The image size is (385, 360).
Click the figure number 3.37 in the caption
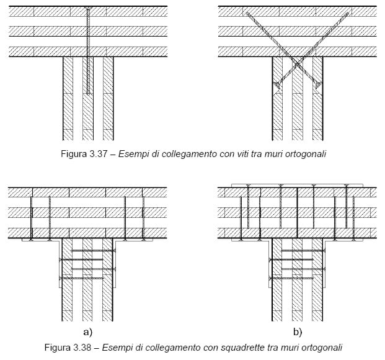pyautogui.click(x=98, y=154)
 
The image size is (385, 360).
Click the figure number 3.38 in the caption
pyautogui.click(x=81, y=348)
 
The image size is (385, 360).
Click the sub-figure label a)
pyautogui.click(x=87, y=333)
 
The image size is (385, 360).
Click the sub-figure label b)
pyautogui.click(x=298, y=333)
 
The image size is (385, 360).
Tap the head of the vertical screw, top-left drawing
pyautogui.click(x=88, y=9)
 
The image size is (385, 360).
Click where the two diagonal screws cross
pyautogui.click(x=298, y=65)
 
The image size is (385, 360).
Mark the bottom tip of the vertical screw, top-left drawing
pyautogui.click(x=88, y=94)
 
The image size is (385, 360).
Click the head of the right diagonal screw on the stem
pyautogui.click(x=319, y=85)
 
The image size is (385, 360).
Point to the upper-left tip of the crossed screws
pyautogui.click(x=247, y=13)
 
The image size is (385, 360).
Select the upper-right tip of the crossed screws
pyautogui.click(x=347, y=13)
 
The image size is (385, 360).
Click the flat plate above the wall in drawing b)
pyautogui.click(x=298, y=186)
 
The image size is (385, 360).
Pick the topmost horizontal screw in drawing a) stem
pyautogui.click(x=94, y=251)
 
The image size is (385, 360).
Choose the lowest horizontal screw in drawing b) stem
pyautogui.click(x=291, y=278)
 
